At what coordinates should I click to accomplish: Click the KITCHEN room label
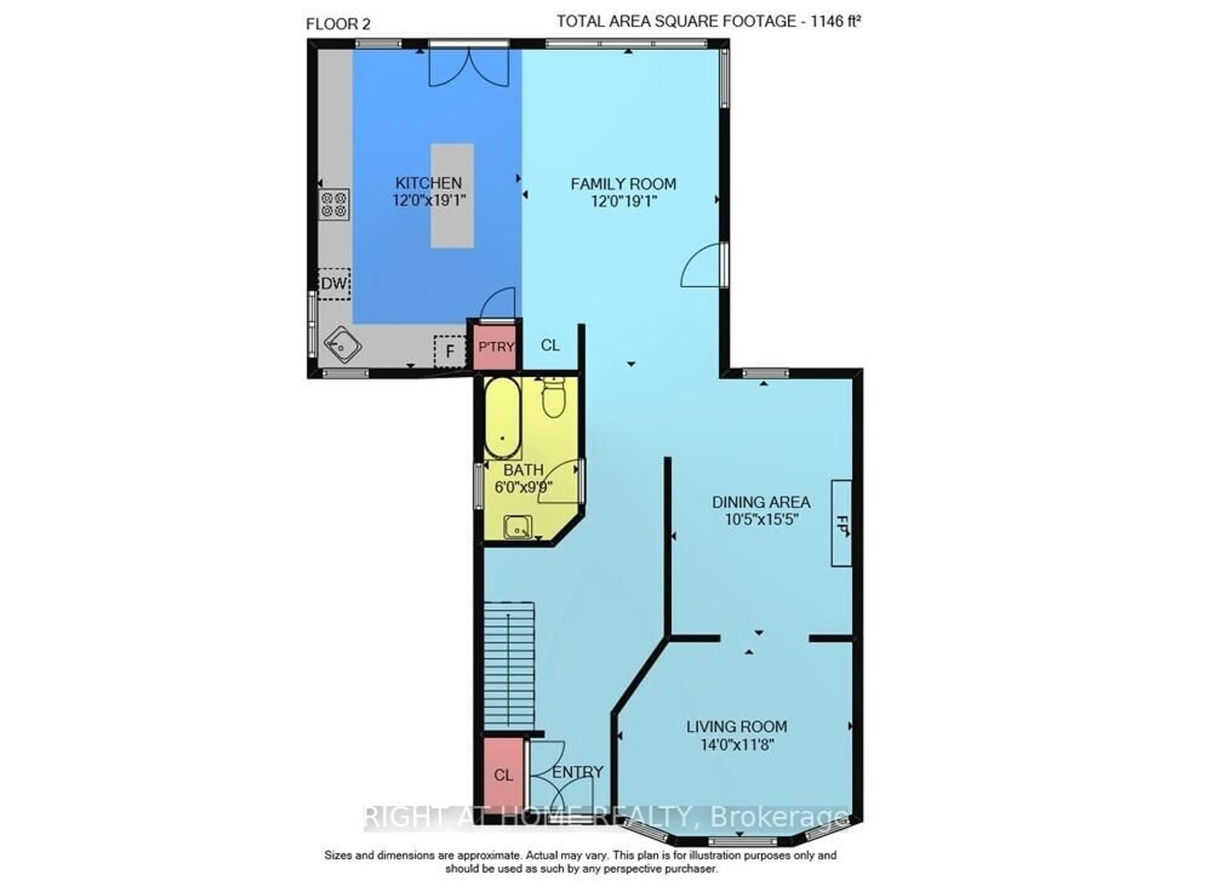click(428, 183)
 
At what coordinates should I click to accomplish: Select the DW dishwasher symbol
click(334, 284)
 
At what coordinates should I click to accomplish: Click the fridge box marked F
click(449, 351)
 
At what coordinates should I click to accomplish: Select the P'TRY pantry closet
click(496, 346)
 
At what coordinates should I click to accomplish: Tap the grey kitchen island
click(452, 196)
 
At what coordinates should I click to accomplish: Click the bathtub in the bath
click(502, 417)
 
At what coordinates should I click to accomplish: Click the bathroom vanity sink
click(517, 527)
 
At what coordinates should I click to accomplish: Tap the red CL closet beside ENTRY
click(503, 775)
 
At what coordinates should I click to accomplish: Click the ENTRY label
click(577, 772)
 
